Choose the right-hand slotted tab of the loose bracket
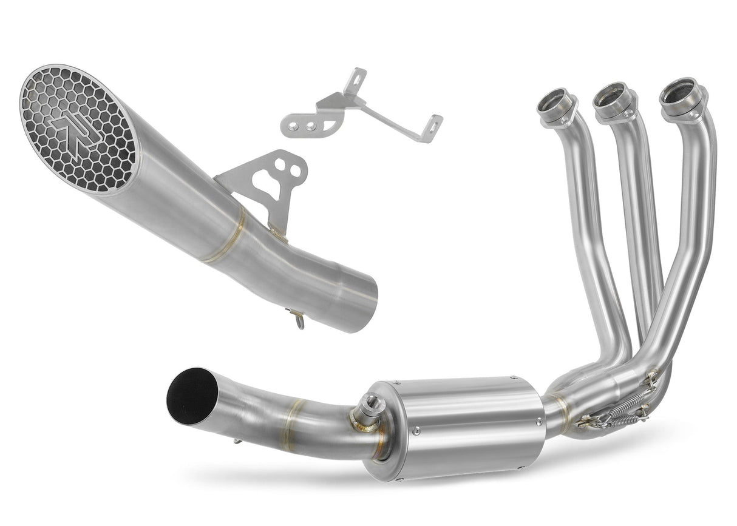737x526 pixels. pos(433,123)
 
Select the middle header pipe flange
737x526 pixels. pos(612,100)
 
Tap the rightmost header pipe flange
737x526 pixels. pos(682,96)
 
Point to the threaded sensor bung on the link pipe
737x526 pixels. pos(367,409)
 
